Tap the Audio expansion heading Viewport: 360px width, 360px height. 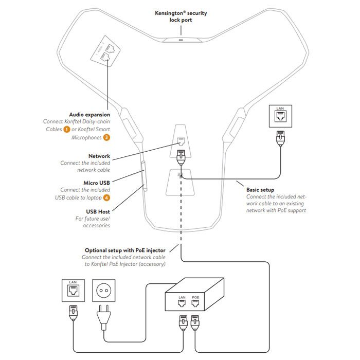[89, 114]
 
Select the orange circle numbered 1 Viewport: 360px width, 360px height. [66, 130]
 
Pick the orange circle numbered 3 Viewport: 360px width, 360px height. [106, 137]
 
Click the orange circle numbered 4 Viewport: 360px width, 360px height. [106, 197]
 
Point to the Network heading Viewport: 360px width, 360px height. [99, 155]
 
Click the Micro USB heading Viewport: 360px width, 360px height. [96, 182]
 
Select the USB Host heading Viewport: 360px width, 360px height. [98, 211]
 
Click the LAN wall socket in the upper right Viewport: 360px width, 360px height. [280, 117]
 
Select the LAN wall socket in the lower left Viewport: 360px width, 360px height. [72, 291]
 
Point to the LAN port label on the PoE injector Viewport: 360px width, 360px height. [182, 297]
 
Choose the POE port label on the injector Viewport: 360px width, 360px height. [195, 297]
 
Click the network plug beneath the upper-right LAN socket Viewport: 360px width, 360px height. [280, 138]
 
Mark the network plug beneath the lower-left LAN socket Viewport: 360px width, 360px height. [72, 312]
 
